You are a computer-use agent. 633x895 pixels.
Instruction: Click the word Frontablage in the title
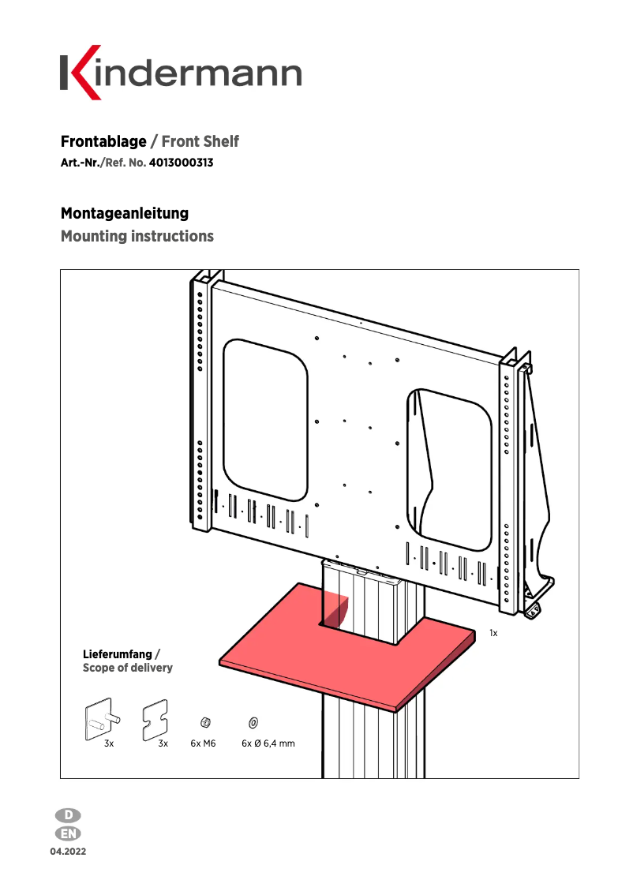click(103, 142)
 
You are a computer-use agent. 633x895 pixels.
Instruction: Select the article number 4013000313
click(181, 164)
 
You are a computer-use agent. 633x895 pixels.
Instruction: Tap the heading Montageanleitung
click(125, 213)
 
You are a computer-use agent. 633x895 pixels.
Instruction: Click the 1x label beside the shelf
click(493, 633)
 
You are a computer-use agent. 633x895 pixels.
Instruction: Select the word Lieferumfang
click(118, 654)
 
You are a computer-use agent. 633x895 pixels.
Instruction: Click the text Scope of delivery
click(128, 668)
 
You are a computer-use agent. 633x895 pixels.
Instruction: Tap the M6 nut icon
click(204, 721)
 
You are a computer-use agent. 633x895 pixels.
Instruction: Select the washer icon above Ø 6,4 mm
click(253, 721)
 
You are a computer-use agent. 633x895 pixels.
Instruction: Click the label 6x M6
click(203, 743)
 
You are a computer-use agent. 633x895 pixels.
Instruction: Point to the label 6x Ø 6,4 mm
click(268, 743)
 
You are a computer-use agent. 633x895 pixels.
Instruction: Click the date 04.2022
click(69, 852)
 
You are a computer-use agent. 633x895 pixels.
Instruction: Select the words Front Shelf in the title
click(200, 142)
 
